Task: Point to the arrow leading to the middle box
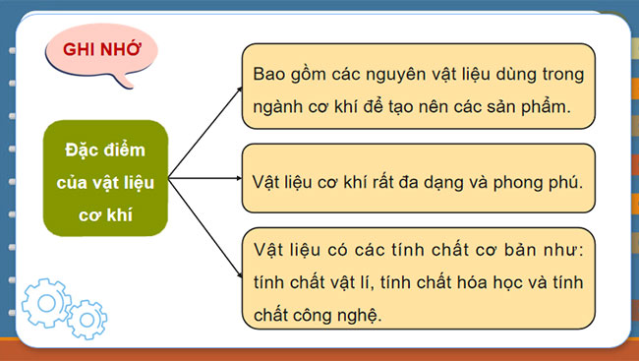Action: pos(205,178)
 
